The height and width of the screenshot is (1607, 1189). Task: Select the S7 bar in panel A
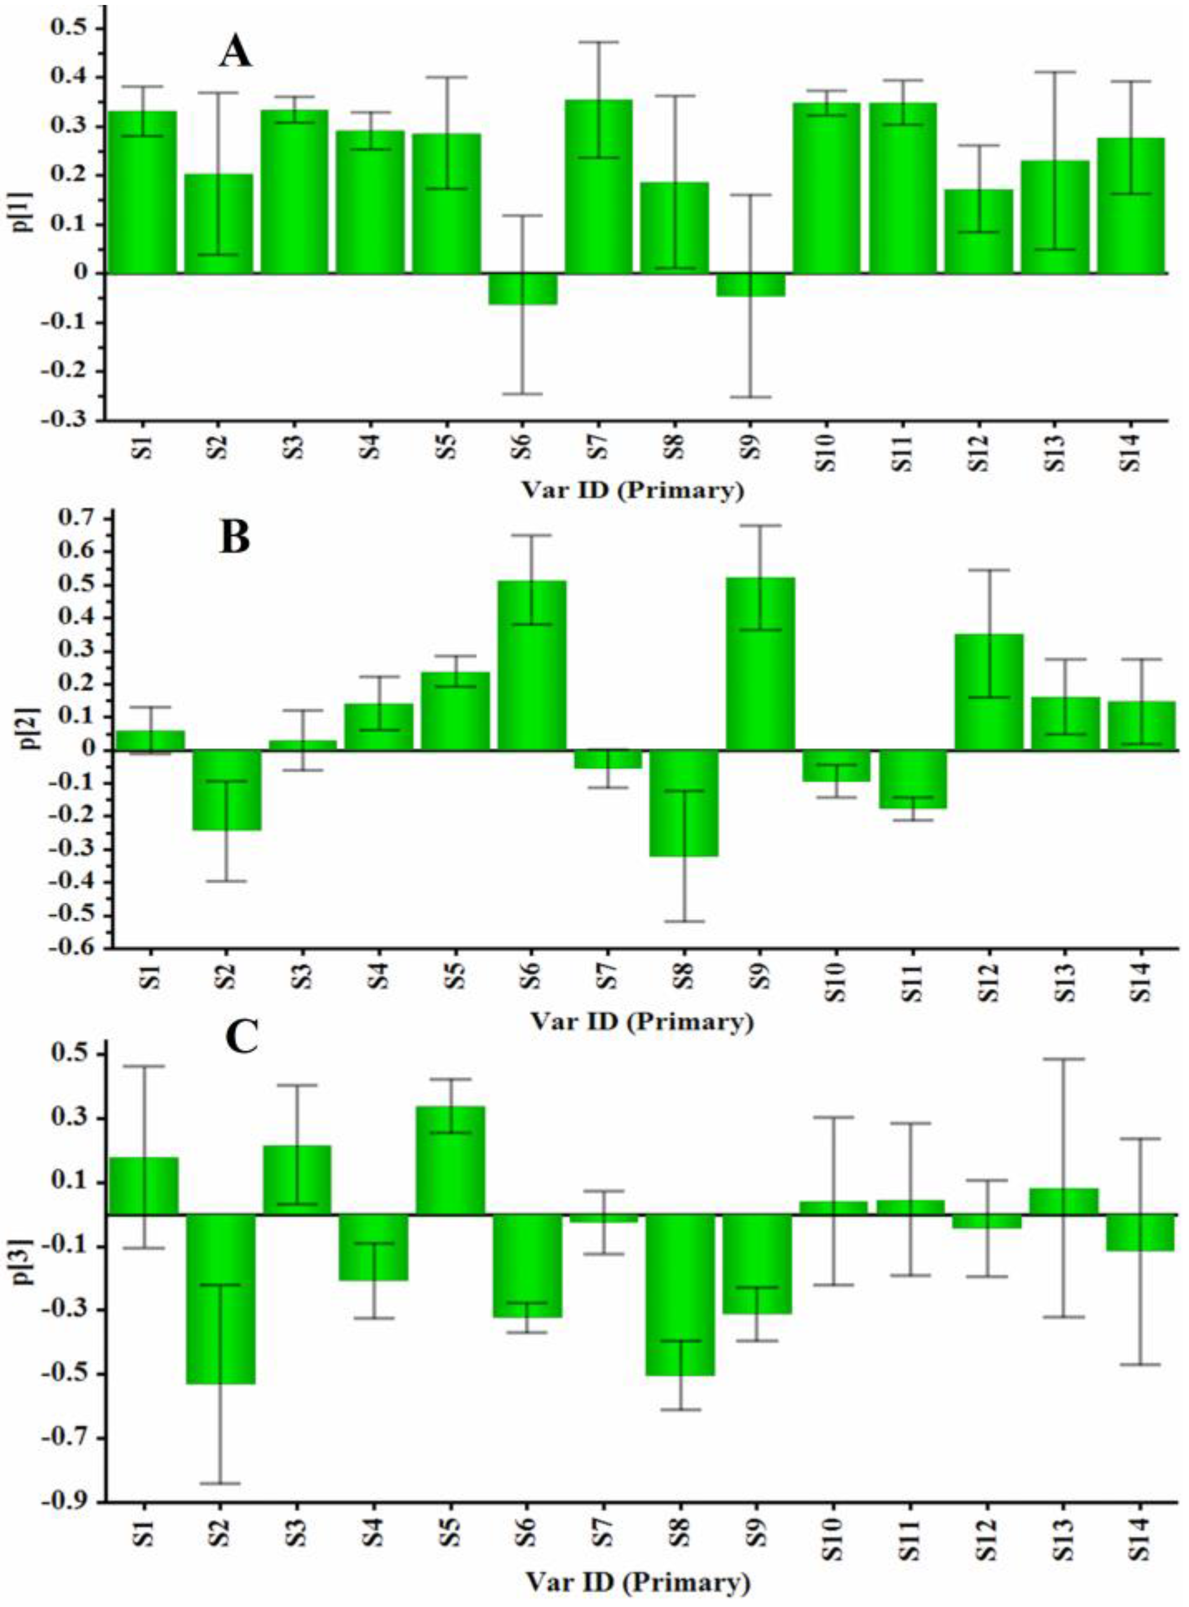pyautogui.click(x=599, y=187)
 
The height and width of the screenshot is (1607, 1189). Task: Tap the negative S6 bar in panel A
pyautogui.click(x=523, y=289)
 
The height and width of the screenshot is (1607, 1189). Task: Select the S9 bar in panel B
pyautogui.click(x=760, y=662)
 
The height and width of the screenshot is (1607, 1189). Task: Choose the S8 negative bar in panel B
pyautogui.click(x=684, y=802)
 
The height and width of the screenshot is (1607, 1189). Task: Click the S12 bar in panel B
pyautogui.click(x=989, y=691)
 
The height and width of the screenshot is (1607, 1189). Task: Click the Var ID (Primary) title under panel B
pyautogui.click(x=642, y=1021)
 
